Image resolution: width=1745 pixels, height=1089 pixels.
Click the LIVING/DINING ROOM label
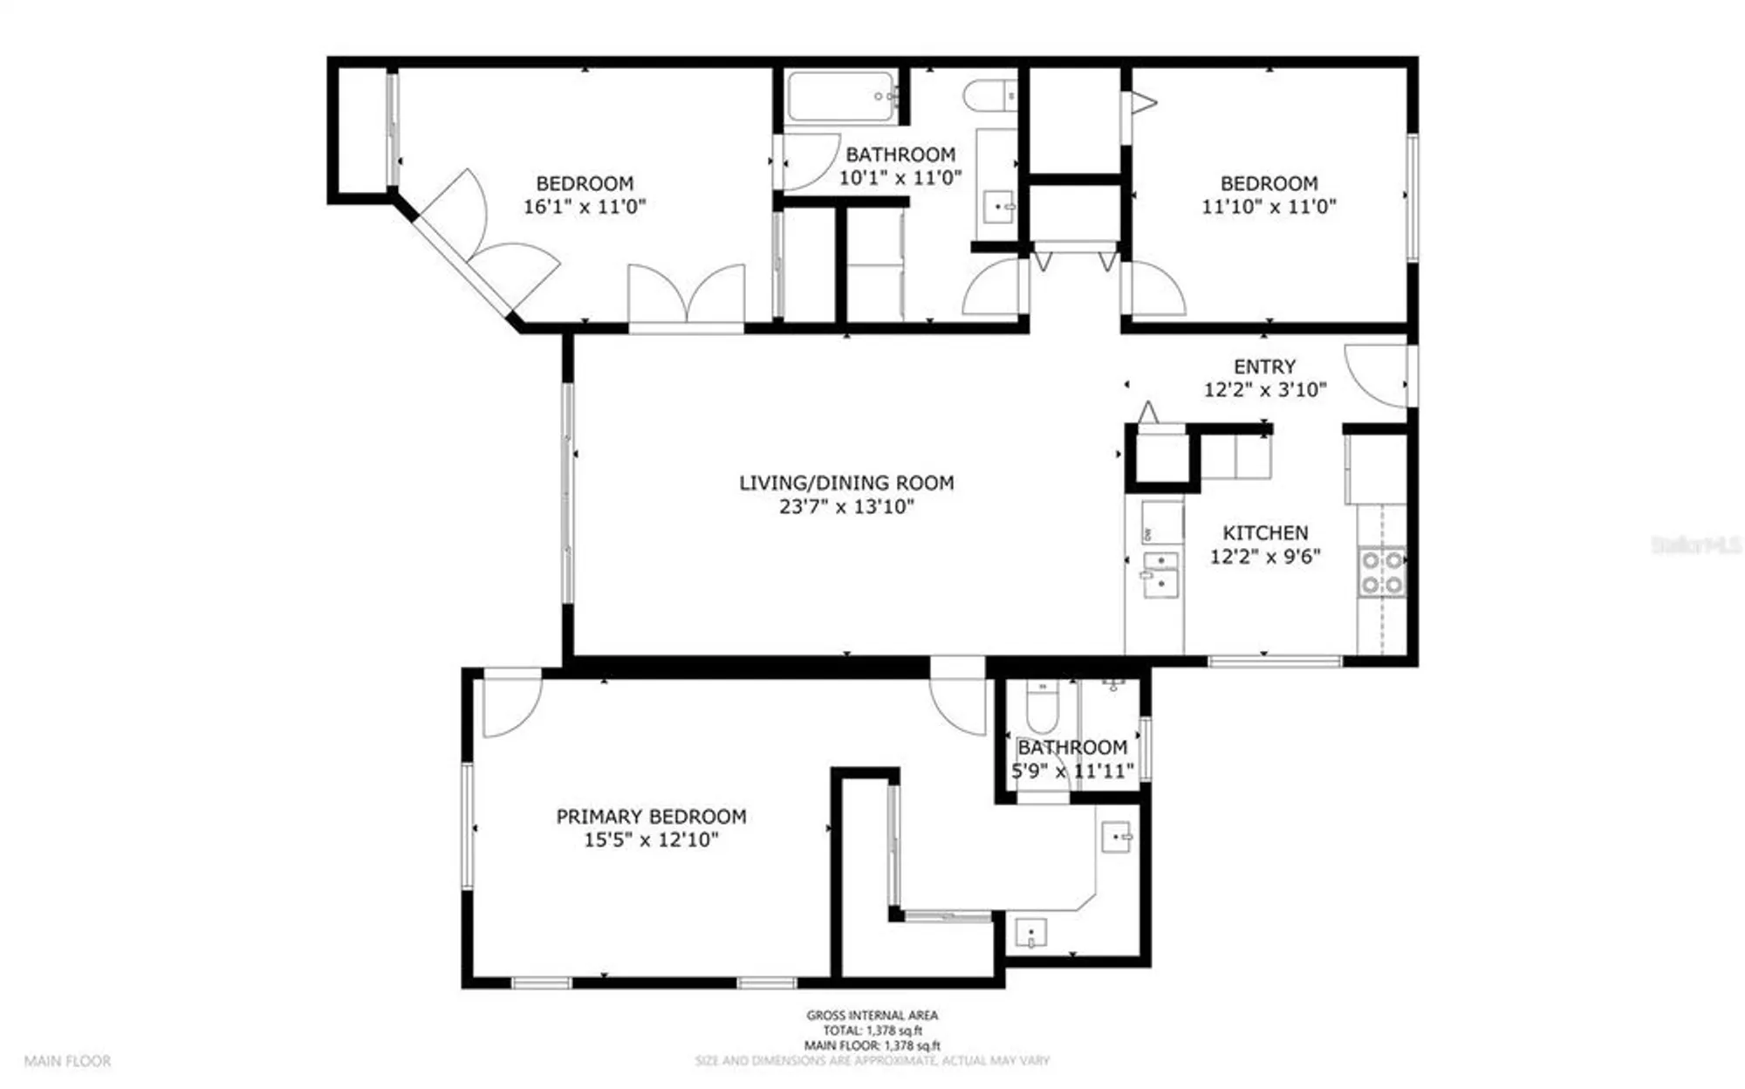[846, 483]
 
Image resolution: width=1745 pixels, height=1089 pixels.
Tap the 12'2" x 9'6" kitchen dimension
[1265, 557]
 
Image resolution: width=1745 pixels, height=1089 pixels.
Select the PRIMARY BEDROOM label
[651, 817]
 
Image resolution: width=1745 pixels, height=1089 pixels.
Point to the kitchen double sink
[1161, 575]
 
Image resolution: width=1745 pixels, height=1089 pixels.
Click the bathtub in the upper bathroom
[842, 97]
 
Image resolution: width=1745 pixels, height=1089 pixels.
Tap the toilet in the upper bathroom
[991, 95]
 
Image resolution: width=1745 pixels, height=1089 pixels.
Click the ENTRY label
[1264, 366]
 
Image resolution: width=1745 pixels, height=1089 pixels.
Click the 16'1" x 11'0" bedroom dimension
[585, 208]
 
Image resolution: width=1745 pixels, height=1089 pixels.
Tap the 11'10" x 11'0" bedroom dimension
[1269, 208]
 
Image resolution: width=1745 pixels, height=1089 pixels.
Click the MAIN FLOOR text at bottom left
[67, 1062]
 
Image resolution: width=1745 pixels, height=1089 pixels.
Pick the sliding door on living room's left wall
[568, 493]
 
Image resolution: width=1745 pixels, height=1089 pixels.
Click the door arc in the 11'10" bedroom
[1156, 290]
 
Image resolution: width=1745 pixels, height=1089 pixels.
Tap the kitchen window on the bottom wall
[1275, 661]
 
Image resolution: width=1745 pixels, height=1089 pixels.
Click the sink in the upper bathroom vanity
[999, 208]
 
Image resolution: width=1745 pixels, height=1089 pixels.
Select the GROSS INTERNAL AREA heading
[872, 1015]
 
